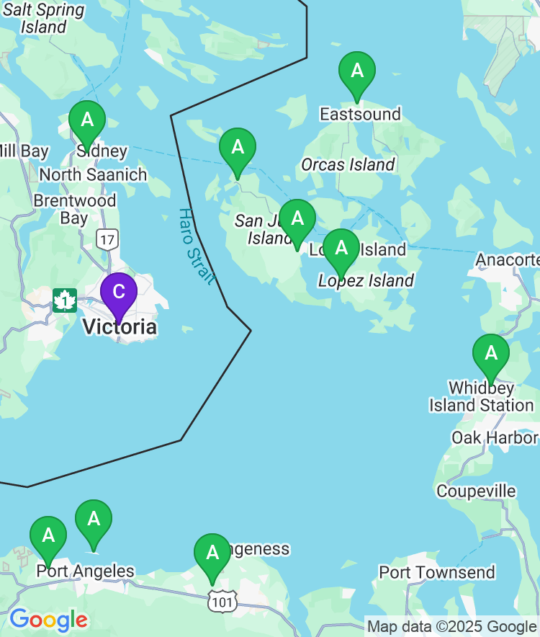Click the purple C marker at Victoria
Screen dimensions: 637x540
click(119, 292)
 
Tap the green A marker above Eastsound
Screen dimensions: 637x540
click(357, 71)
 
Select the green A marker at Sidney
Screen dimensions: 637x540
click(87, 120)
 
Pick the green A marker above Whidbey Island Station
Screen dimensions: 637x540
click(491, 354)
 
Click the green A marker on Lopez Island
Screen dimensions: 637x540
click(341, 249)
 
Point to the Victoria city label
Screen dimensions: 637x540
click(120, 327)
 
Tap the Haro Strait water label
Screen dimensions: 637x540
click(196, 247)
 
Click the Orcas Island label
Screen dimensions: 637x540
click(348, 164)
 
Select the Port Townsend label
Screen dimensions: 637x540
click(437, 572)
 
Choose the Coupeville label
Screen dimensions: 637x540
click(476, 491)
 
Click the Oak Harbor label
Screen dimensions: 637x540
click(494, 437)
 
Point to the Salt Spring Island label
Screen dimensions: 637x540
click(44, 19)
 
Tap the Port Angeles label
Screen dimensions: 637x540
click(85, 571)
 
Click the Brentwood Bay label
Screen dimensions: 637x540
click(74, 209)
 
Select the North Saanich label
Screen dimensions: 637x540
click(93, 174)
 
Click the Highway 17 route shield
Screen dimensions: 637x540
click(107, 239)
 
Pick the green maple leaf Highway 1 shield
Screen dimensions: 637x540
click(65, 300)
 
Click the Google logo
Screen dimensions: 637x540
click(48, 619)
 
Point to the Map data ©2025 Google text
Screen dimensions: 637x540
click(451, 626)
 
